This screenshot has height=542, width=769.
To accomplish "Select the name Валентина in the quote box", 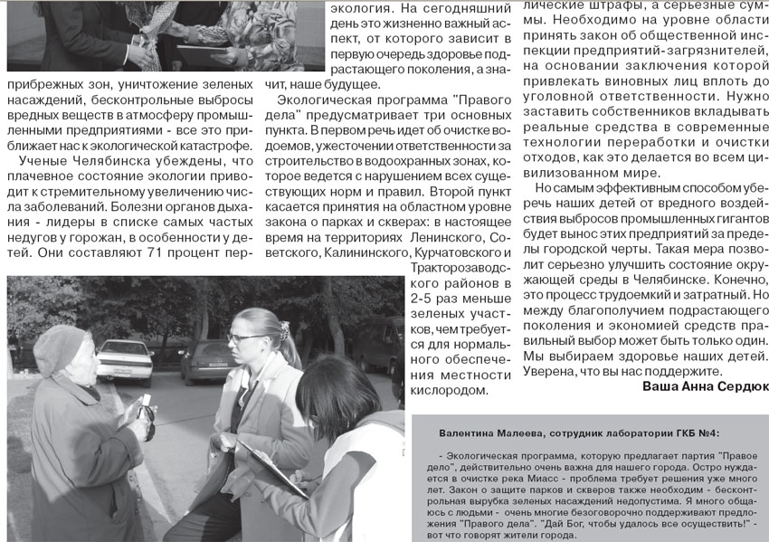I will point(467,434).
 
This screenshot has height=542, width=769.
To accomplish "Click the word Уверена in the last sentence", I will point(556,370).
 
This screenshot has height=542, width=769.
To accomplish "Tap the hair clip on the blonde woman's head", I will point(284,328).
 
